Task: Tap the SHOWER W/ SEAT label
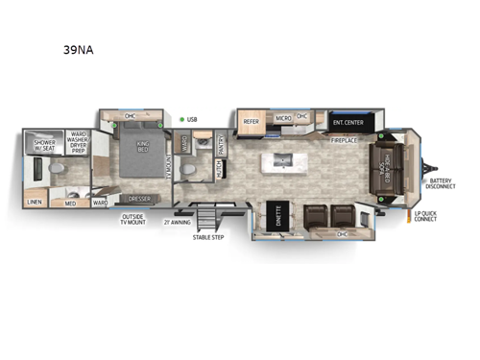click(x=45, y=142)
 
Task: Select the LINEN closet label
click(x=35, y=202)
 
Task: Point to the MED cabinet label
click(x=71, y=203)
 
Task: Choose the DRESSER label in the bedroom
click(x=138, y=200)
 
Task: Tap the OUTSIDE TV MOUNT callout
click(x=132, y=221)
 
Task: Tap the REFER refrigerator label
click(x=252, y=121)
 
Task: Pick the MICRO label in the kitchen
click(x=283, y=117)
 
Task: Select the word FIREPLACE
click(x=347, y=140)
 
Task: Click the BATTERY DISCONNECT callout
click(x=443, y=184)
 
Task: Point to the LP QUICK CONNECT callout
click(x=425, y=216)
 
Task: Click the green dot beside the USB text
click(x=180, y=120)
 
